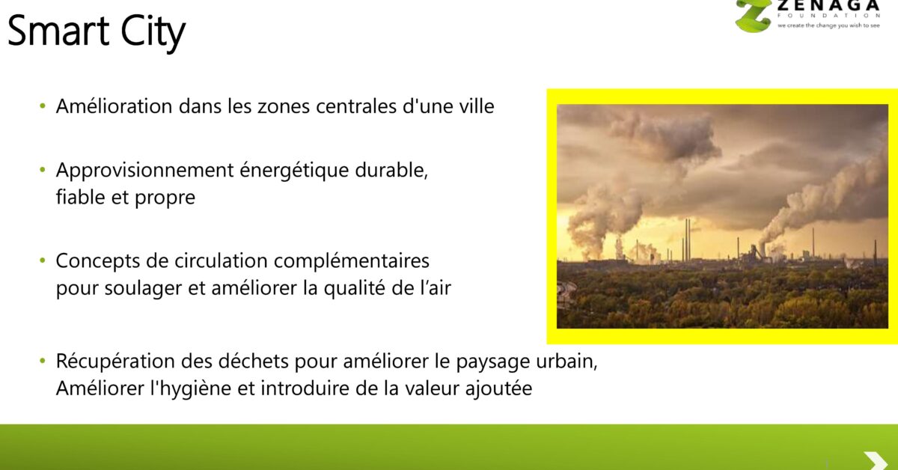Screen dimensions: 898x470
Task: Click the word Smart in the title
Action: pos(58,31)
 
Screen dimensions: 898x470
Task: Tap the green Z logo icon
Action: pos(753,15)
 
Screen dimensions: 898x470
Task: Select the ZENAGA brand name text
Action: pos(828,6)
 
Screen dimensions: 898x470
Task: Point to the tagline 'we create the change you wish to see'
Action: pos(828,25)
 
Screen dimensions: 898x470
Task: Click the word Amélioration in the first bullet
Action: pos(114,106)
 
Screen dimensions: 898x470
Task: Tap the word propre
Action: pos(165,198)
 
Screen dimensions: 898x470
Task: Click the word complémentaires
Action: pos(352,261)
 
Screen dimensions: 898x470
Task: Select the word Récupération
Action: pos(115,361)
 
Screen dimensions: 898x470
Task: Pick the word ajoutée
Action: pos(498,388)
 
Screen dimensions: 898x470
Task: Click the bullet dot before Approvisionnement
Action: pos(43,170)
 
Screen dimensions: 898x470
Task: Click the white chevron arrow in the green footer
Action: pos(876,461)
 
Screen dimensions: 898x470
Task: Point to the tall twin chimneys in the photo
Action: pos(687,240)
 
